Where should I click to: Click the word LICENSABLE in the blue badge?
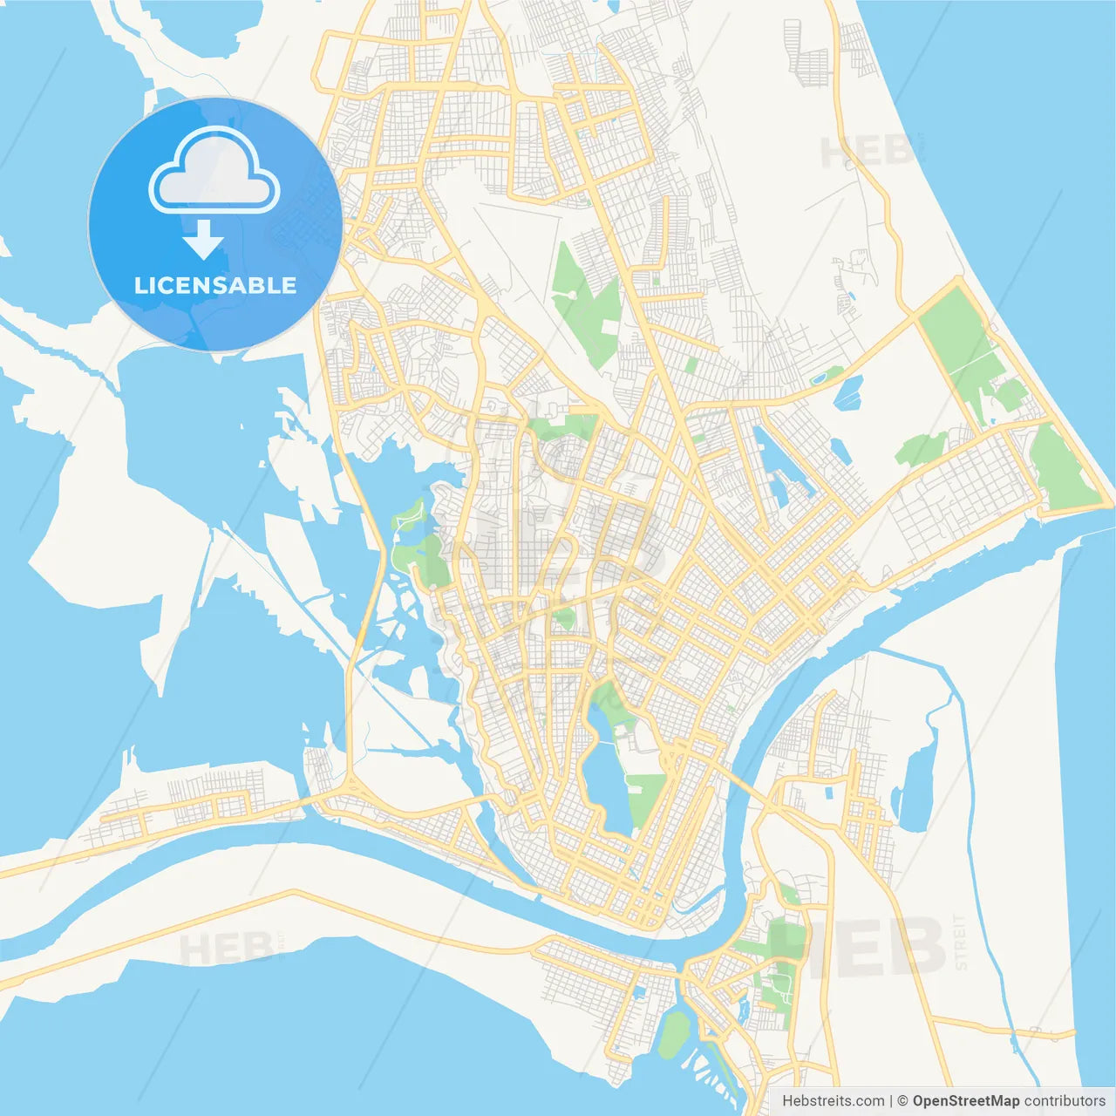(x=215, y=285)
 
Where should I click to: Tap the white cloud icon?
(x=214, y=172)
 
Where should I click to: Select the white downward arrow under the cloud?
(x=203, y=240)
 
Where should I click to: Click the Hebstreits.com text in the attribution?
(x=833, y=1101)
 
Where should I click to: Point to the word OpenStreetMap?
(x=966, y=1101)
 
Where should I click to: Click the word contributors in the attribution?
(x=1065, y=1101)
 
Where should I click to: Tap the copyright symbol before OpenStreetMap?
(x=903, y=1101)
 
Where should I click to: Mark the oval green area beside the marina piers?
(x=674, y=1034)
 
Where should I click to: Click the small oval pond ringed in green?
(x=820, y=379)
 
